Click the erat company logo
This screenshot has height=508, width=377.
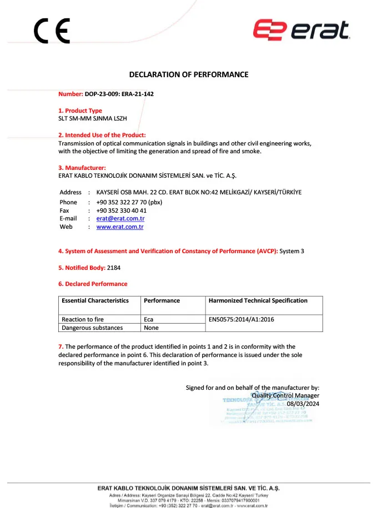[301, 30]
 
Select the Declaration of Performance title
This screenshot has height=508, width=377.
[189, 74]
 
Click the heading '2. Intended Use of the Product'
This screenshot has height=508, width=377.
[102, 135]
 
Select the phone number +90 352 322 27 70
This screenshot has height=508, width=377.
[129, 202]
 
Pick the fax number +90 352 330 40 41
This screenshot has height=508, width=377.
[121, 210]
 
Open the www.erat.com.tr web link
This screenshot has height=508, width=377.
[120, 227]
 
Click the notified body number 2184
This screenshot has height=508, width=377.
[114, 268]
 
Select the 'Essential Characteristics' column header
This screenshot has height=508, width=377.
[95, 300]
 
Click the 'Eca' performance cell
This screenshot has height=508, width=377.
[149, 320]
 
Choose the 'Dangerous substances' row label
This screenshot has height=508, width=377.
[92, 328]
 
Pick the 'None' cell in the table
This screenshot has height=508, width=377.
[151, 328]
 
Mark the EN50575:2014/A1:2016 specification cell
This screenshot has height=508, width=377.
[241, 320]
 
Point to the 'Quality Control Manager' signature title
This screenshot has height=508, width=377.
[285, 395]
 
